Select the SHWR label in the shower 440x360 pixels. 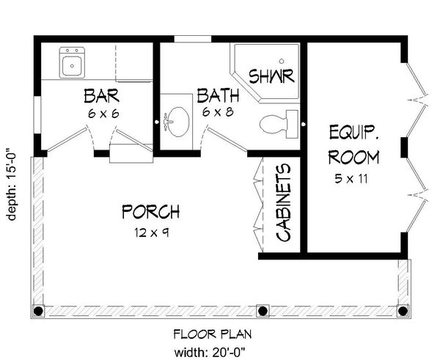coord(271,76)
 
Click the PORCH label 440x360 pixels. coord(150,213)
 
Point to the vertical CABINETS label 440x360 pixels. coord(283,203)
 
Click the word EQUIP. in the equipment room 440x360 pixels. coord(353,133)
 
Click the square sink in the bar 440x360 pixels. coord(73,64)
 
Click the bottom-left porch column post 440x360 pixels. coord(39,310)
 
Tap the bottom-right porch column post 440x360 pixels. coord(402,310)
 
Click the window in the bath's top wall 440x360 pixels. coord(192,38)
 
